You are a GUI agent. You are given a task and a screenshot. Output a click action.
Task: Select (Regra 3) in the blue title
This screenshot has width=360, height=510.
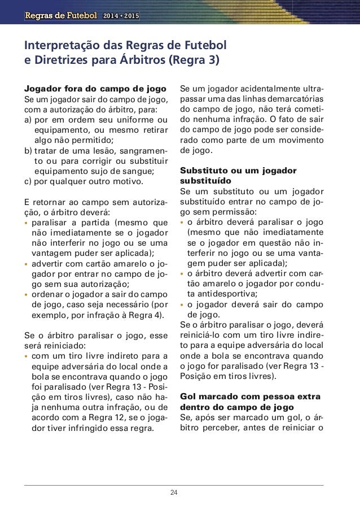[199, 59]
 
